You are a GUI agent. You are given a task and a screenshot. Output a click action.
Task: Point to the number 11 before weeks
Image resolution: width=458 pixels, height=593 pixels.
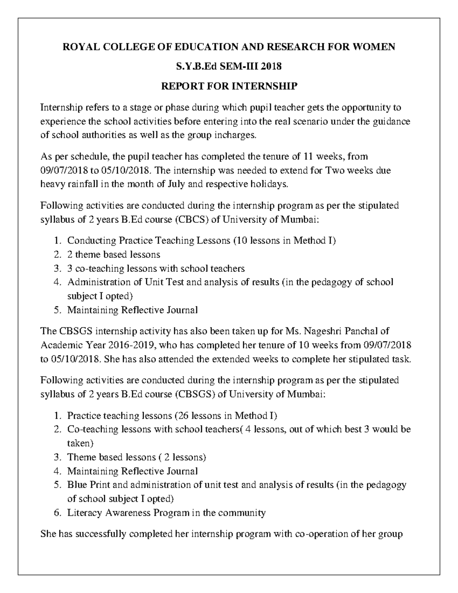pyautogui.click(x=308, y=156)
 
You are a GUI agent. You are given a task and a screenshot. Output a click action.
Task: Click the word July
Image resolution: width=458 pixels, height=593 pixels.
pyautogui.click(x=176, y=184)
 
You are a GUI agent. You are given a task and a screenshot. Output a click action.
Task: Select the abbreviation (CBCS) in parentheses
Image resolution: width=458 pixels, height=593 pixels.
pyautogui.click(x=192, y=219)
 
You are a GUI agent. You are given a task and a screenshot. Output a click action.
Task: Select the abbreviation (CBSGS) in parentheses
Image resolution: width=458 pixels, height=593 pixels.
pyautogui.click(x=194, y=394)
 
